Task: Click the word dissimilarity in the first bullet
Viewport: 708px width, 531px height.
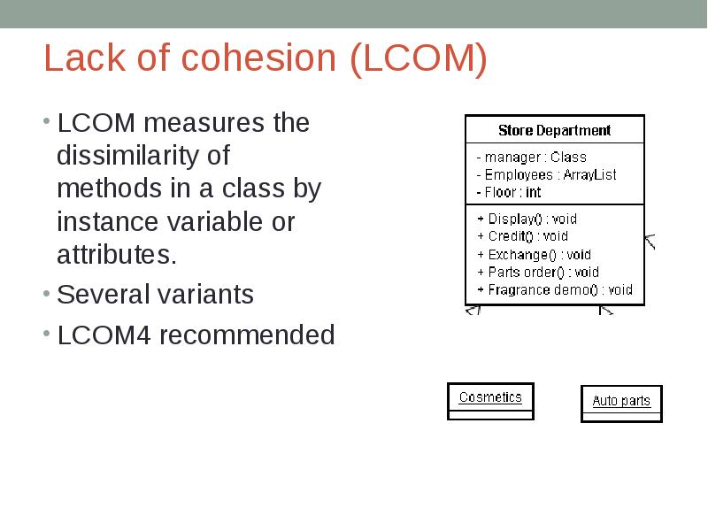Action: coord(142,156)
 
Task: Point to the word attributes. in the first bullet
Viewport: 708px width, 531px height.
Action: coord(117,256)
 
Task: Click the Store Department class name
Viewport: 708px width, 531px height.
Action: coord(554,130)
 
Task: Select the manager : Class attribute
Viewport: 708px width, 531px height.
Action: coord(531,157)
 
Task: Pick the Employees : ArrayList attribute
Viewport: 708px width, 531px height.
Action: coord(546,174)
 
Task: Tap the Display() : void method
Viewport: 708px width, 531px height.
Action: coord(527,219)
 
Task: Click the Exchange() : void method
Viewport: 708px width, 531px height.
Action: coord(534,254)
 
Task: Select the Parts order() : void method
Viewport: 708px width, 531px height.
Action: coord(537,272)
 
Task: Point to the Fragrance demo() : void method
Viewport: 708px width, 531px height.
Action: coord(555,289)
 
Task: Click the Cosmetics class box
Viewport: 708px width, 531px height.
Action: coord(490,399)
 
